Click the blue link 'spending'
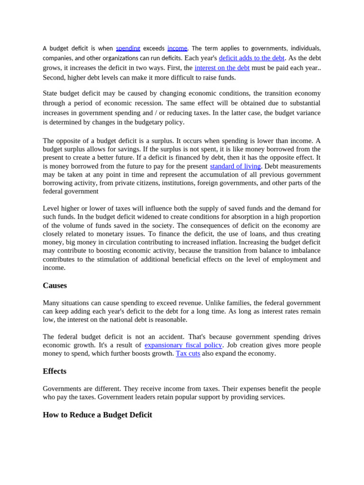click(128, 48)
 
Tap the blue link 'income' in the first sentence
click(177, 48)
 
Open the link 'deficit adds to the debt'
click(251, 58)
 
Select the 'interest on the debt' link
click(222, 68)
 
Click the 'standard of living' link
click(235, 166)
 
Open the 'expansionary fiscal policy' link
click(183, 345)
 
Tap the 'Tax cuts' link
click(188, 353)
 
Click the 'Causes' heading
click(55, 286)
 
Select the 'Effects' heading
click(55, 371)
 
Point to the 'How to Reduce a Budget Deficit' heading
click(97, 415)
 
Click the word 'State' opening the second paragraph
click(51, 93)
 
